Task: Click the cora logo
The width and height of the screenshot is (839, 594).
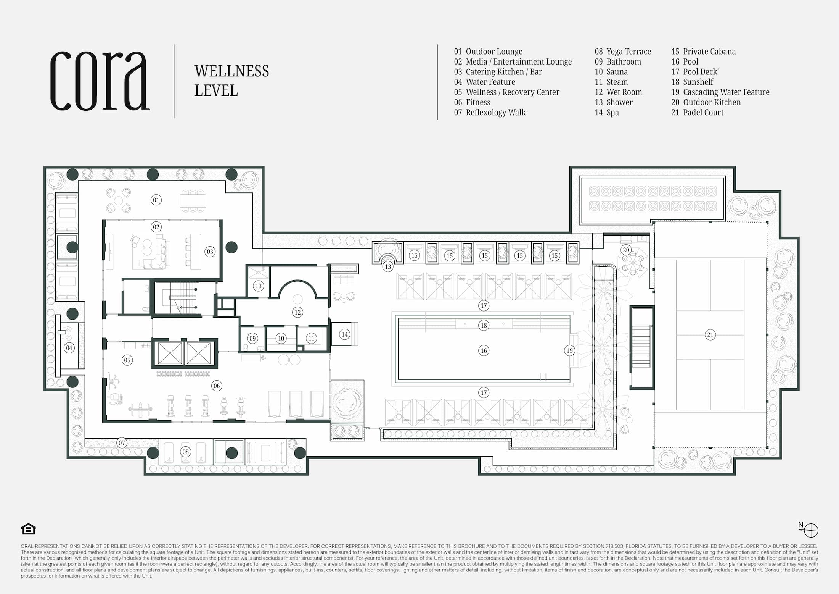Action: (100, 81)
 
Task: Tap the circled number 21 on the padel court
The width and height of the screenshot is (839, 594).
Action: (710, 335)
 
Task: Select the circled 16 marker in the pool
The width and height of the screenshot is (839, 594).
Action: (484, 350)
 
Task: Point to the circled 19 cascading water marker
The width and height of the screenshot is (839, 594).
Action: (569, 350)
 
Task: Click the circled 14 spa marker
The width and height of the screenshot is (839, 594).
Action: (344, 334)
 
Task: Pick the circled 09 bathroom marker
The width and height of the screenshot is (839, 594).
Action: (252, 338)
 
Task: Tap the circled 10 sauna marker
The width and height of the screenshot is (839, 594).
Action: (281, 338)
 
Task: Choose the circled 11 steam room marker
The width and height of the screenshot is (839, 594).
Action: (312, 338)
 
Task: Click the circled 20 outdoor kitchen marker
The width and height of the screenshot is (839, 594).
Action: (626, 250)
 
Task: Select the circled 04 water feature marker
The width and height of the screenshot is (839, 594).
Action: (69, 348)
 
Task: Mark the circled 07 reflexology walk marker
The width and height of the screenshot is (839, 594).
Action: (122, 443)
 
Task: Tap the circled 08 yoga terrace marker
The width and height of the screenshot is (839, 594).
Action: (185, 452)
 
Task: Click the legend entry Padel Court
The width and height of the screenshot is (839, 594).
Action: (697, 112)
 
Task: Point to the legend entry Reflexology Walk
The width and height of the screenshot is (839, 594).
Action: (490, 112)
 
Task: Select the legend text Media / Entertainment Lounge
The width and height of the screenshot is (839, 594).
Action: (519, 61)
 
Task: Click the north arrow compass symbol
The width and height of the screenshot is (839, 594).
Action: (810, 529)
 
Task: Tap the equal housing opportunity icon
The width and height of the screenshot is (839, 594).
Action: (29, 529)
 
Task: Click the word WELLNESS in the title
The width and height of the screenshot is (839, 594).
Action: (232, 71)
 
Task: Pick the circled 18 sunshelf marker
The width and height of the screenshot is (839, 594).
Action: (484, 325)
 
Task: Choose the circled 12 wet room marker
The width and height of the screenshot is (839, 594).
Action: (297, 312)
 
